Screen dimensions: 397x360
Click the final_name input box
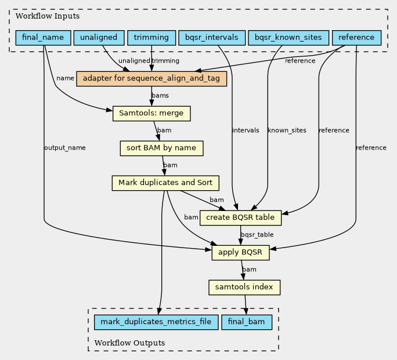pyautogui.click(x=43, y=38)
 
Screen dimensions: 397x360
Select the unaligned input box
pyautogui.click(x=99, y=38)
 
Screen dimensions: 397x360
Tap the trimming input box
pyautogui.click(x=151, y=38)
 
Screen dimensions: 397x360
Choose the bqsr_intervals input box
pyautogui.click(x=212, y=38)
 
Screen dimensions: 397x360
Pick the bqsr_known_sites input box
pyautogui.click(x=288, y=38)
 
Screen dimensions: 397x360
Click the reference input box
pyautogui.click(x=356, y=38)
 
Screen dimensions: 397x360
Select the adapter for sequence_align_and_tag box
pyautogui.click(x=151, y=79)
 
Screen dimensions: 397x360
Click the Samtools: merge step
pyautogui.click(x=151, y=114)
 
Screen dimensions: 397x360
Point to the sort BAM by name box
pyautogui.click(x=161, y=148)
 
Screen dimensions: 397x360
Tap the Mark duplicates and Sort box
pyautogui.click(x=165, y=183)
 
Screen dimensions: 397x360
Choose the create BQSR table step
pyautogui.click(x=240, y=217)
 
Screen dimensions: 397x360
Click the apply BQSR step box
pyautogui.click(x=240, y=253)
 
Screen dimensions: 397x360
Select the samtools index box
pyautogui.click(x=244, y=288)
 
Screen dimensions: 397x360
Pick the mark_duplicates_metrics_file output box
pyautogui.click(x=156, y=322)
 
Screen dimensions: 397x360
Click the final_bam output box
pyautogui.click(x=247, y=322)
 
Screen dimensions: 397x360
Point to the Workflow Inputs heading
pyautogui.click(x=48, y=16)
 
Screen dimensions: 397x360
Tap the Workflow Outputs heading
pyautogui.click(x=129, y=343)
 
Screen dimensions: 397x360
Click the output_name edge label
pyautogui.click(x=65, y=148)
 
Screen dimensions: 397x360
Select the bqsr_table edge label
pyautogui.click(x=257, y=235)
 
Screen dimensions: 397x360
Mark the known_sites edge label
pyautogui.click(x=287, y=130)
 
